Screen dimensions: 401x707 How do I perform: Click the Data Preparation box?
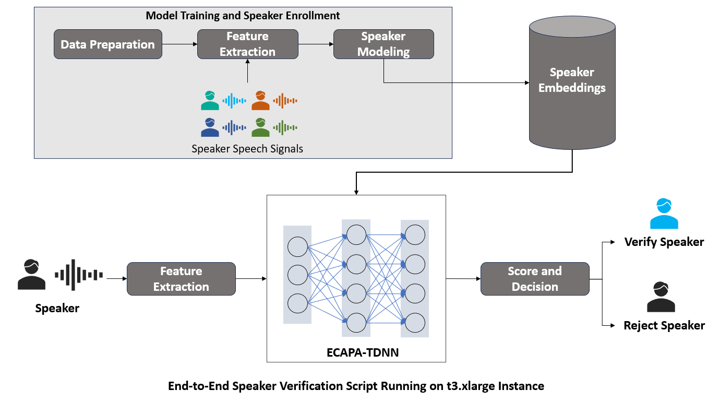point(108,44)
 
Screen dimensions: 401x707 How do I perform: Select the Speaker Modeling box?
point(384,44)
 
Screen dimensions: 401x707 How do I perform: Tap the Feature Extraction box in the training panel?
point(247,44)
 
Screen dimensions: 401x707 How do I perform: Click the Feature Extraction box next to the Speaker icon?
point(181,279)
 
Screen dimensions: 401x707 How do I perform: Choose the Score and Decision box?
point(535,279)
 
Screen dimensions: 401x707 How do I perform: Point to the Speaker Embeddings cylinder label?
point(572,80)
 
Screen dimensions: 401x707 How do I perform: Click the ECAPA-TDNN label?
point(356,352)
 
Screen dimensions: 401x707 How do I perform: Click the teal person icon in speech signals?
point(210,100)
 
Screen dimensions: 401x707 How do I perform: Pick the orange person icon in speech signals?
point(260,100)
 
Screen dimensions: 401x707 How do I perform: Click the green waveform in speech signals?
point(285,127)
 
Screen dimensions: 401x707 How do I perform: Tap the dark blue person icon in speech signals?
point(210,127)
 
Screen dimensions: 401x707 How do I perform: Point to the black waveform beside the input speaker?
point(79,275)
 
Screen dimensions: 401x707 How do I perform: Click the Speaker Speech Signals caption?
point(247,149)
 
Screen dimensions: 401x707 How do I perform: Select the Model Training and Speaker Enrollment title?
point(243,16)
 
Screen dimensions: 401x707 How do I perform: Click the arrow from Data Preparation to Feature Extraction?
point(179,44)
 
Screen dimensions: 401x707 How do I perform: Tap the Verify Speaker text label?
point(664,242)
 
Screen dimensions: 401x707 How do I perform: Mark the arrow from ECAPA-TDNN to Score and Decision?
point(463,279)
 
